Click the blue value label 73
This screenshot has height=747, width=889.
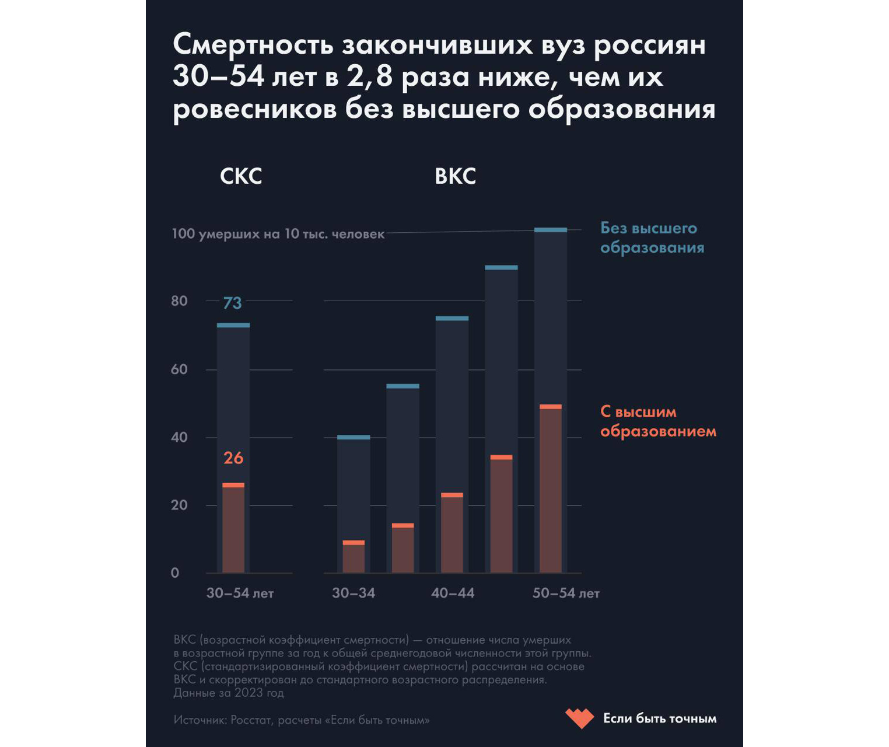pyautogui.click(x=232, y=303)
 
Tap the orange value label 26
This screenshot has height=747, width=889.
pyautogui.click(x=233, y=458)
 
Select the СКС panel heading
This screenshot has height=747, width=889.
pyautogui.click(x=241, y=176)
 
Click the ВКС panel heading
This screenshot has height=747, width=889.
pyautogui.click(x=456, y=176)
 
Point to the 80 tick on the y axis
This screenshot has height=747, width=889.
pyautogui.click(x=180, y=301)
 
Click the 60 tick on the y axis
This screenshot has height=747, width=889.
pyautogui.click(x=180, y=369)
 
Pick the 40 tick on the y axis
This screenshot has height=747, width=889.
pyautogui.click(x=180, y=438)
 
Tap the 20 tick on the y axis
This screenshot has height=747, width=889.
pyautogui.click(x=180, y=505)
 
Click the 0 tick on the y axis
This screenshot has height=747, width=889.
pyautogui.click(x=175, y=573)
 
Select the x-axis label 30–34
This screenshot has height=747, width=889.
pyautogui.click(x=353, y=594)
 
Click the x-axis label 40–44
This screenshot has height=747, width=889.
pyautogui.click(x=453, y=594)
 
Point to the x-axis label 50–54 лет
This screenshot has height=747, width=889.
pyautogui.click(x=566, y=594)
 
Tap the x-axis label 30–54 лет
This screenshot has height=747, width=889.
pyautogui.click(x=240, y=594)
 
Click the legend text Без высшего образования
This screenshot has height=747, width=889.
pyautogui.click(x=652, y=238)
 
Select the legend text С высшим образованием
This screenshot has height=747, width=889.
pyautogui.click(x=658, y=421)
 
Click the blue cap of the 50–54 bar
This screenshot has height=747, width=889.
pyautogui.click(x=551, y=230)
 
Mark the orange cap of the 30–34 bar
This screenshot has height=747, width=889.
pyautogui.click(x=353, y=543)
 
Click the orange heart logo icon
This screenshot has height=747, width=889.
pyautogui.click(x=579, y=718)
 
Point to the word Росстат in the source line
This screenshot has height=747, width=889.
pyautogui.click(x=251, y=720)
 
